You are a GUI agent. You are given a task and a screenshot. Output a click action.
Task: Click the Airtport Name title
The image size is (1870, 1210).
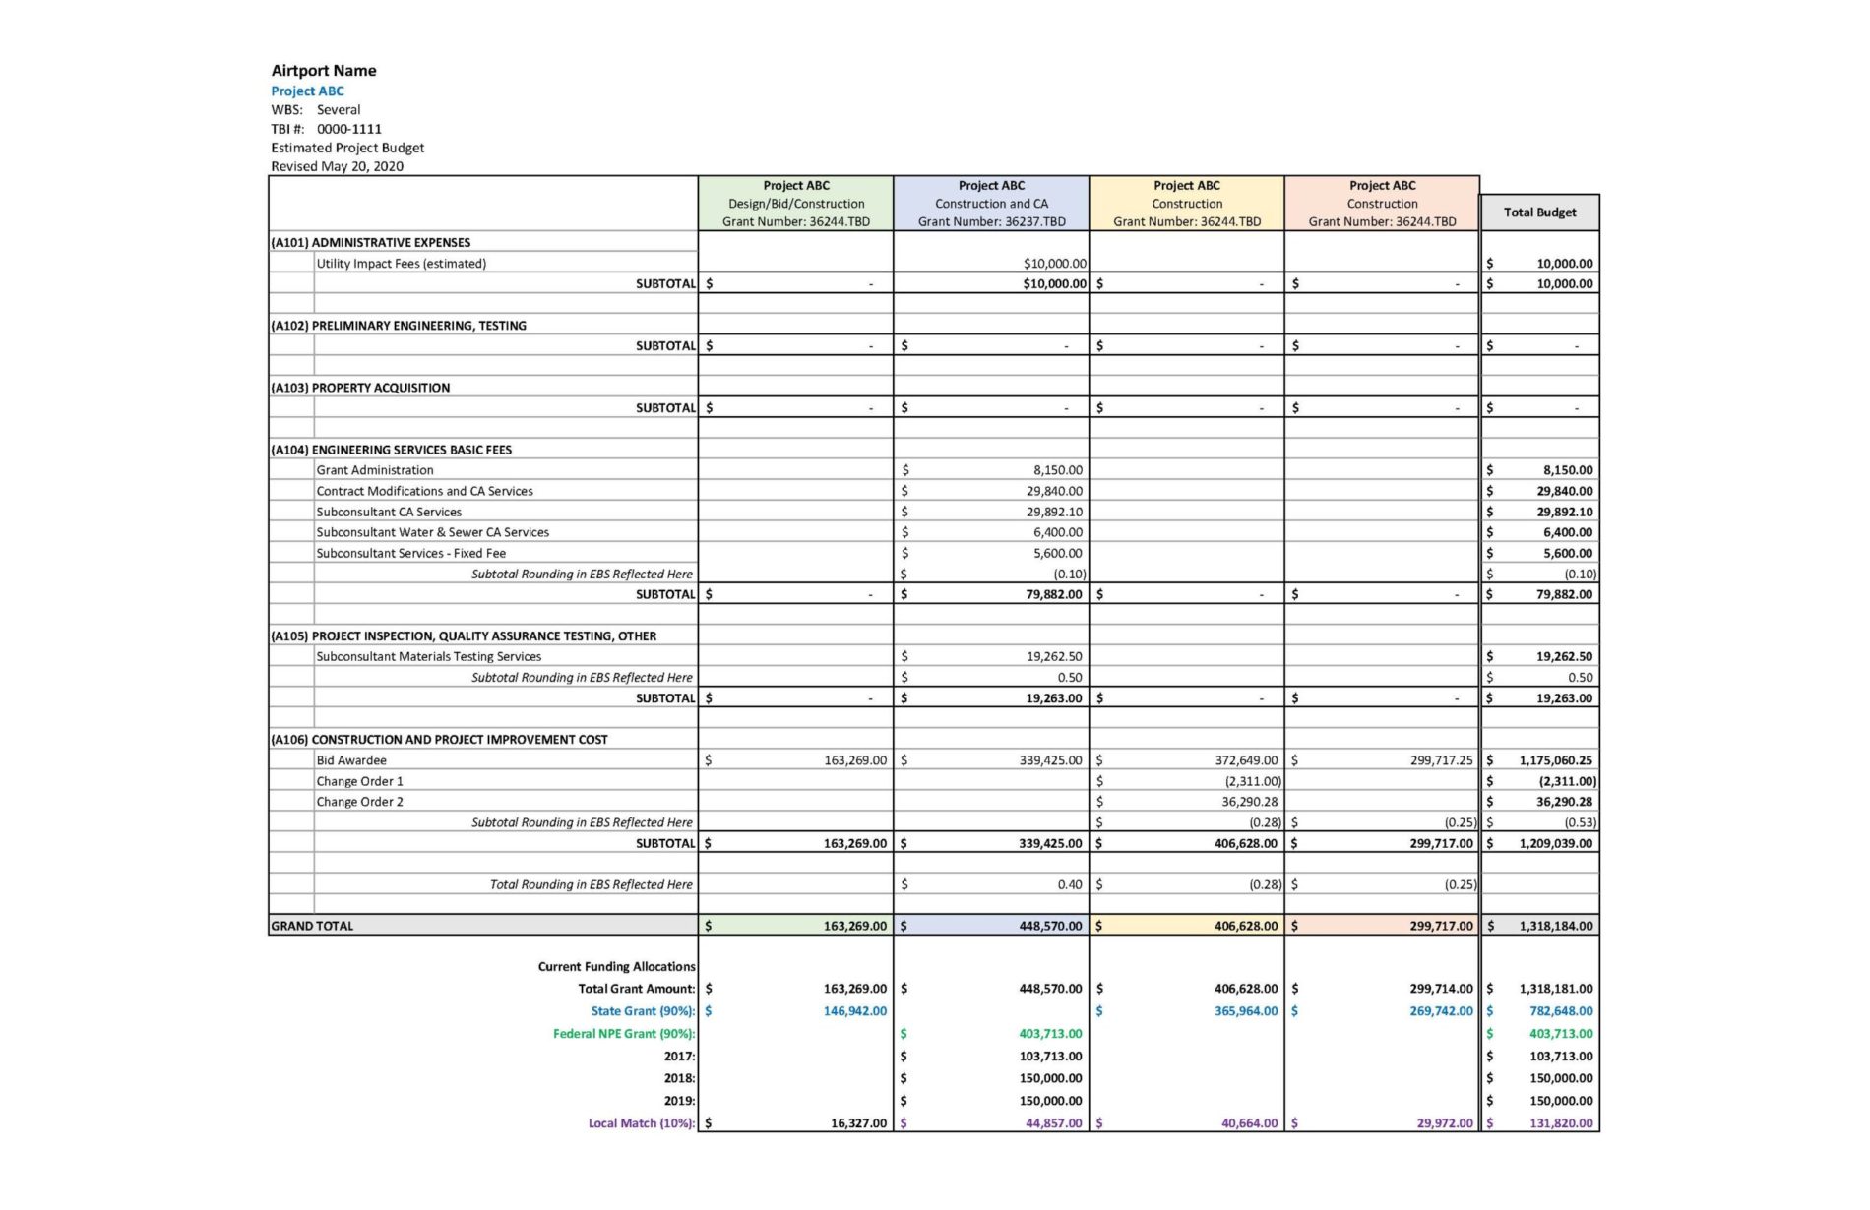[x=324, y=71]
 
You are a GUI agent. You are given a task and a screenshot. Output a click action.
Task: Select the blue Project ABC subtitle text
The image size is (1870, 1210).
[x=307, y=91]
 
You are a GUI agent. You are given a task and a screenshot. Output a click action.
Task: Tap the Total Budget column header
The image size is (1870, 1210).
[x=1539, y=212]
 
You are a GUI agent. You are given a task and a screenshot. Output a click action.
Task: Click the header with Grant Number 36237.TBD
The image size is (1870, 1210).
[x=991, y=204]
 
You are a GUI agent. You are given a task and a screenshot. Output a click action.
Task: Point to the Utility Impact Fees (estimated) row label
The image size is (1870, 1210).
[x=401, y=264]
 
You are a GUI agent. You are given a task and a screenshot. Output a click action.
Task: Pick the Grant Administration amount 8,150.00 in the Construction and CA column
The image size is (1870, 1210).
[x=1057, y=470]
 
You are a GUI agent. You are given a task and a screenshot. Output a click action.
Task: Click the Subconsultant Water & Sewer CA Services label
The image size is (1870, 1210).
[x=432, y=532]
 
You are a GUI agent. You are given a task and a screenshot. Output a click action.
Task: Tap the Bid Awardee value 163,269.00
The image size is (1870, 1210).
[x=854, y=760]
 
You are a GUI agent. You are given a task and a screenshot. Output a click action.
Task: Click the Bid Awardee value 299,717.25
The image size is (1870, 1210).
[x=1441, y=760]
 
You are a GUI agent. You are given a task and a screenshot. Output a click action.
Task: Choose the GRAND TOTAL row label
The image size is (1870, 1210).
[x=312, y=926]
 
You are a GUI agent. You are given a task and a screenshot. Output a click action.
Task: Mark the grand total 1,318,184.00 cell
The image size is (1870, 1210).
[x=1555, y=926]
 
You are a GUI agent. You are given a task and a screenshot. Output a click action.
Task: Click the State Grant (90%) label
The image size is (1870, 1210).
[x=643, y=1011]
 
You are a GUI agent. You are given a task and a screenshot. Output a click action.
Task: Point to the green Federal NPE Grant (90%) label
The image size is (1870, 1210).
[x=623, y=1034]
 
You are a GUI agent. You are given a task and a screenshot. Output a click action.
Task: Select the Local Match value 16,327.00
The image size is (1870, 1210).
[x=858, y=1123]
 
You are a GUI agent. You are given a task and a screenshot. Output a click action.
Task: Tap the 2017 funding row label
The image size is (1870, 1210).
[x=679, y=1057]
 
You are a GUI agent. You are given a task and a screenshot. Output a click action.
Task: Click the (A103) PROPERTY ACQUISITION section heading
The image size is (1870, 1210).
[x=360, y=388]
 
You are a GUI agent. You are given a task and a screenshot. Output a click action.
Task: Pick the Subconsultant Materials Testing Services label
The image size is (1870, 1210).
[x=428, y=657]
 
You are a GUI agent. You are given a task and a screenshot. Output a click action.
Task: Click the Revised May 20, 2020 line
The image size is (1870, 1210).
[x=337, y=166]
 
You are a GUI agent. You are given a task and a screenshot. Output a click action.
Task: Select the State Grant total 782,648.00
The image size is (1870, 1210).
[x=1560, y=1011]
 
